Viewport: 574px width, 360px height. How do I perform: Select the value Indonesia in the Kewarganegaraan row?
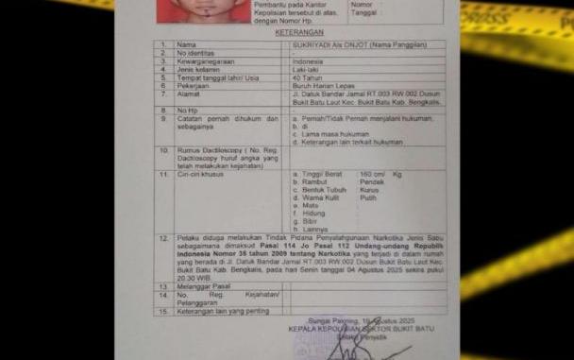click(x=307, y=61)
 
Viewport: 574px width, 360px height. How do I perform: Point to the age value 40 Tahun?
click(x=306, y=77)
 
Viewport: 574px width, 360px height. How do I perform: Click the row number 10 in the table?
click(x=164, y=150)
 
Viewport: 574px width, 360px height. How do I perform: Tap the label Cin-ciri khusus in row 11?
click(x=197, y=174)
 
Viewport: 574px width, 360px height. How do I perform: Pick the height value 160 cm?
click(x=372, y=174)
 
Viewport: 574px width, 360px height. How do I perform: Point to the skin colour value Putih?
click(x=367, y=197)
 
